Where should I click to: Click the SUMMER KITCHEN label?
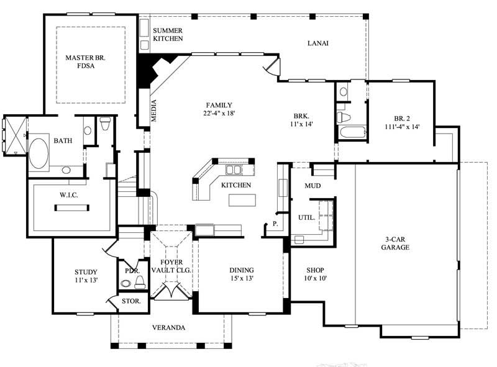(168, 34)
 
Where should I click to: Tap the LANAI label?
(317, 43)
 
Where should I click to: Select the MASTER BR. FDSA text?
(87, 63)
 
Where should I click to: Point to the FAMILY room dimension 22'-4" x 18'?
(219, 114)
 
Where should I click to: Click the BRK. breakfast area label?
(303, 120)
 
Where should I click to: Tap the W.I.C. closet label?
(68, 195)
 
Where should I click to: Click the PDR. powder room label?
(131, 271)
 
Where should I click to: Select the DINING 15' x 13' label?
(241, 274)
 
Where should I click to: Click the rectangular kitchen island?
(242, 200)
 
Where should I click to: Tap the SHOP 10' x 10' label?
(316, 274)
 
